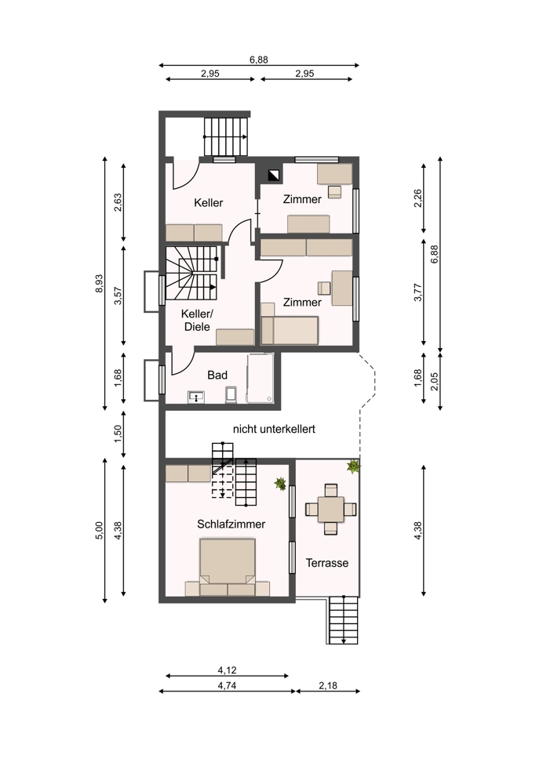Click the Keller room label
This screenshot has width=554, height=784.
208,202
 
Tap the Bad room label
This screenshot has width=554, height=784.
217,375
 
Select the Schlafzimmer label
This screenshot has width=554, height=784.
231,524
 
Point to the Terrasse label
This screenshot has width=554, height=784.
326,563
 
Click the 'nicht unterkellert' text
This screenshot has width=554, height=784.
274,429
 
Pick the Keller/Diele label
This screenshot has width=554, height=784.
197,321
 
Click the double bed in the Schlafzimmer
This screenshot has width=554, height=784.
228,567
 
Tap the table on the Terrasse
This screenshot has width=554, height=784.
331,510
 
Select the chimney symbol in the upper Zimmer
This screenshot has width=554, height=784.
274,175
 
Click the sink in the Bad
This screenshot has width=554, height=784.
197,397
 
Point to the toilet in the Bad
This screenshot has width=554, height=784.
231,394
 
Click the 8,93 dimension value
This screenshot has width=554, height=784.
99,284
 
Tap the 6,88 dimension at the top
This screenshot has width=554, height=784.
259,60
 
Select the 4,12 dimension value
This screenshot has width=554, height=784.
228,670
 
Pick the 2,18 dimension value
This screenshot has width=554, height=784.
328,685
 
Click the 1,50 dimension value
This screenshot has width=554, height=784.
118,434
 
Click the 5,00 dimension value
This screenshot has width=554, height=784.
99,530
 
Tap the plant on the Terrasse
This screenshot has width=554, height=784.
354,466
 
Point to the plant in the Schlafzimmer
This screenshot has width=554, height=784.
280,484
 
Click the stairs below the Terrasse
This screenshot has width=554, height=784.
344,620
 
